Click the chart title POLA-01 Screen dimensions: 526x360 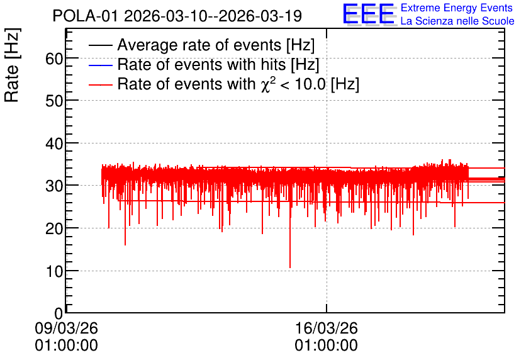[x=85, y=16]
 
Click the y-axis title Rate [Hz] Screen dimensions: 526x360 [x=12, y=65]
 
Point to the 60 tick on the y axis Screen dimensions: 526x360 [x=54, y=59]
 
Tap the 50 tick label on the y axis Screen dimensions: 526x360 [x=54, y=101]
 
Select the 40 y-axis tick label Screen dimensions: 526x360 [x=54, y=143]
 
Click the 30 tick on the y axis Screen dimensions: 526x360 [x=54, y=186]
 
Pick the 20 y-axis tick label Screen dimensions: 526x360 [x=54, y=229]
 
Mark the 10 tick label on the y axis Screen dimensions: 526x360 [x=54, y=271]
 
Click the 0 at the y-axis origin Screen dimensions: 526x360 [x=59, y=313]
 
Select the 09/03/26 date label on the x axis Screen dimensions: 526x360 [x=67, y=328]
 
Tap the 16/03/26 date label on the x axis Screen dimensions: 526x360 [x=327, y=328]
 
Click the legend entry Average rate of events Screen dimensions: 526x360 [x=216, y=45]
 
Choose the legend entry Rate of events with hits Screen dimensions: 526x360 [x=218, y=64]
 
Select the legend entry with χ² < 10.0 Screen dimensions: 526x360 [x=238, y=84]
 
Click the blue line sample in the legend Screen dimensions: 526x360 [x=100, y=65]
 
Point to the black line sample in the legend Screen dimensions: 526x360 [x=100, y=45]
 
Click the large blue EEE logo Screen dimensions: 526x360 [x=369, y=14]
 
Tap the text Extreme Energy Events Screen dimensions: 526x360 [x=457, y=8]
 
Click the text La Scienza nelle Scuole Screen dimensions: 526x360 [x=457, y=21]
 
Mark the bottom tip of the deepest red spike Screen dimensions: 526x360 [x=290, y=267]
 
